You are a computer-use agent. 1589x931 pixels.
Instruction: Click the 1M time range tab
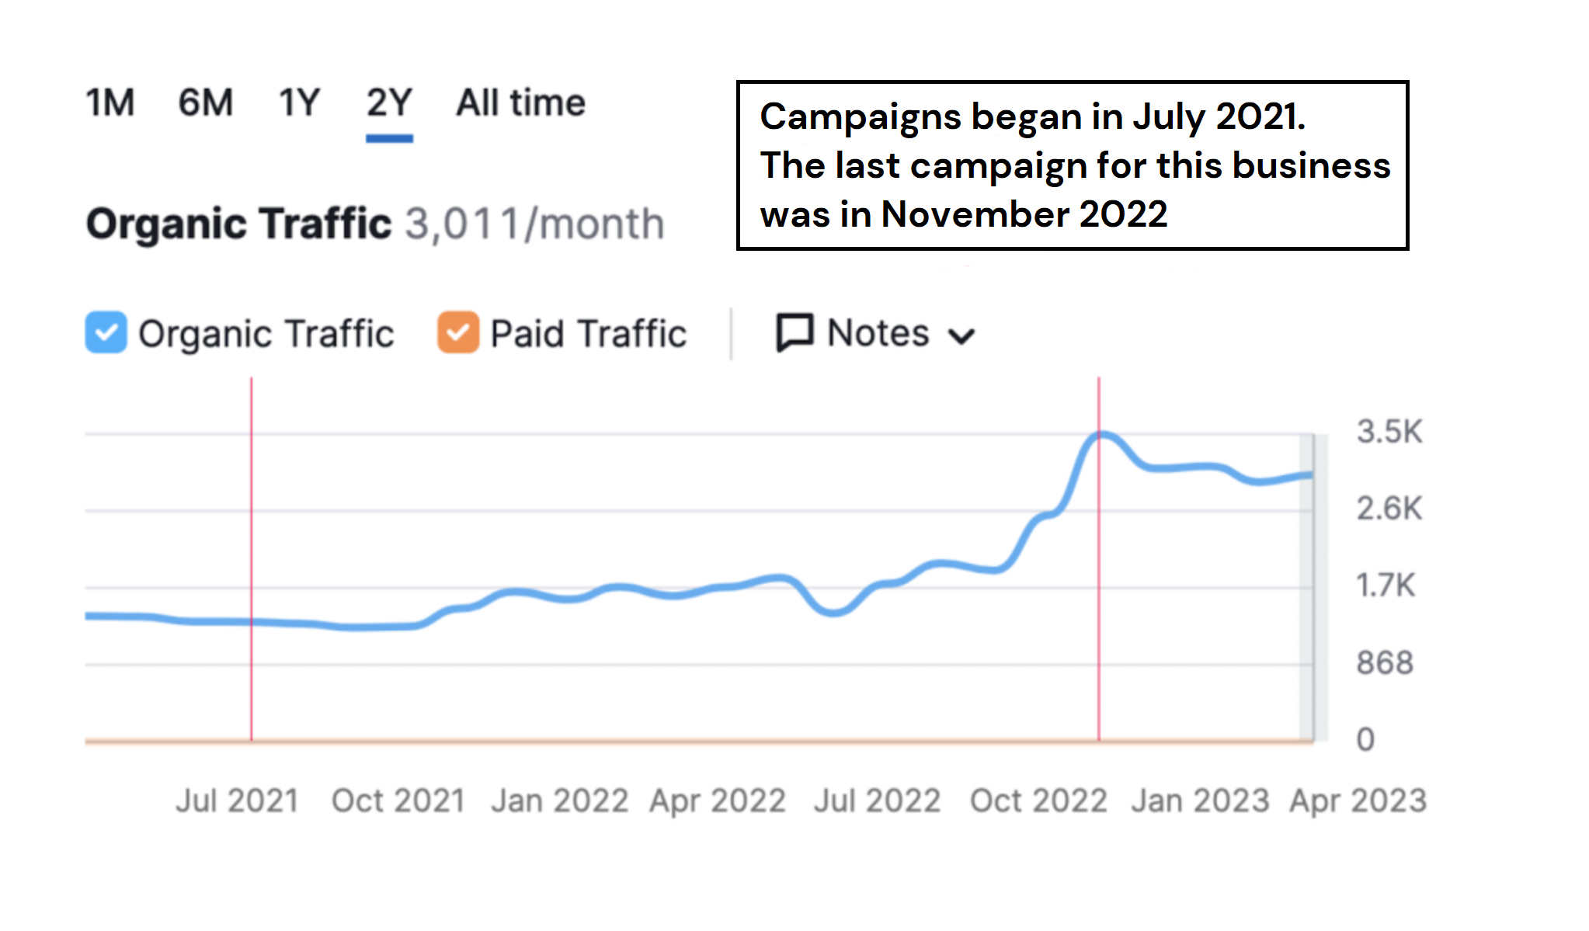coord(110,102)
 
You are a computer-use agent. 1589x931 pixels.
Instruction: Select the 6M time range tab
coord(206,102)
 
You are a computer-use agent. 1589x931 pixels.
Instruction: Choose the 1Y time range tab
coord(299,102)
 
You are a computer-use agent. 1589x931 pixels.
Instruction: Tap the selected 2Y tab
coord(389,102)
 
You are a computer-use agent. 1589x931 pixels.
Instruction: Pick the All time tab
coord(520,102)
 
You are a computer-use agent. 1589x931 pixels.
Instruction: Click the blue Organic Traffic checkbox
coord(106,332)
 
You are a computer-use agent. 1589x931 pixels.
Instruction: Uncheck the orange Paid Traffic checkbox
coord(458,332)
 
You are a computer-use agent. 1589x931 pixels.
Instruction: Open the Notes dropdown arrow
coord(961,336)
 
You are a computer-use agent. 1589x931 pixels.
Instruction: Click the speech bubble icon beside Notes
coord(794,333)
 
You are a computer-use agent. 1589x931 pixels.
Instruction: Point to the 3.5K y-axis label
coord(1389,432)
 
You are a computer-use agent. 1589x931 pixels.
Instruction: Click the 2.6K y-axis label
coord(1389,509)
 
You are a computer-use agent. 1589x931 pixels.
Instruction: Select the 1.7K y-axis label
coord(1386,585)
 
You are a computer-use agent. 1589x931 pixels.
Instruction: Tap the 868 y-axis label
coord(1385,663)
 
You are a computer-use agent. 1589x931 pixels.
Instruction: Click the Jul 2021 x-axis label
coord(237,801)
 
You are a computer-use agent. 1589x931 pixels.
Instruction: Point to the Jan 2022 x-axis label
coord(559,801)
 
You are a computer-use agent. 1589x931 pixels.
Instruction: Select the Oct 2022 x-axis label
coord(1038,801)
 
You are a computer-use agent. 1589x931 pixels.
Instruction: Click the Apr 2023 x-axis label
coord(1358,801)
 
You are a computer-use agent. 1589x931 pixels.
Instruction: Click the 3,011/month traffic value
coord(535,224)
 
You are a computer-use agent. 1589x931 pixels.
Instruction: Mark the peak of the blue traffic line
coord(1101,434)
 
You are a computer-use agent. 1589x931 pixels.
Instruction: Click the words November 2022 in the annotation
coord(1024,214)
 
